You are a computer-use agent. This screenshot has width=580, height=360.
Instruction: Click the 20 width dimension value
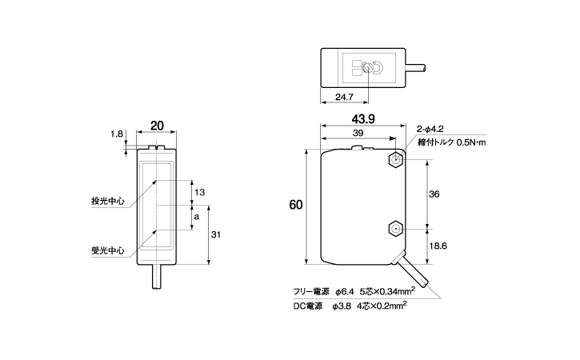[157, 126]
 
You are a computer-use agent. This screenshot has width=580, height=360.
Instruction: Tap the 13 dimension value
[200, 192]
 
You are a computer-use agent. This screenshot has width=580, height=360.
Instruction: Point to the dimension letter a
[197, 216]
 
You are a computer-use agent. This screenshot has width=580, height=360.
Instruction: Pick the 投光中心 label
[108, 201]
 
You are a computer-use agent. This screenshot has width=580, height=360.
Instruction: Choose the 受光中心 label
[108, 250]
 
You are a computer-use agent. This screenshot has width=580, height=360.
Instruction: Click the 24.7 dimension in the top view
[342, 97]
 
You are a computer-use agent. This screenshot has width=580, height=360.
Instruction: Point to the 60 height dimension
[296, 206]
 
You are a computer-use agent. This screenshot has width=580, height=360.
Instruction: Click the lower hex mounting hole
[395, 230]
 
